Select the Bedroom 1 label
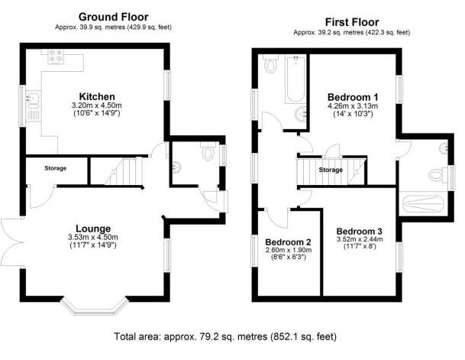click(x=353, y=97)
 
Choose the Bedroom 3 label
click(x=359, y=232)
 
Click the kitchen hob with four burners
click(x=56, y=55)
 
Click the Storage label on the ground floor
click(x=55, y=168)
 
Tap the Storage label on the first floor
click(x=331, y=170)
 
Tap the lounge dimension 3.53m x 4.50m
click(x=92, y=237)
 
